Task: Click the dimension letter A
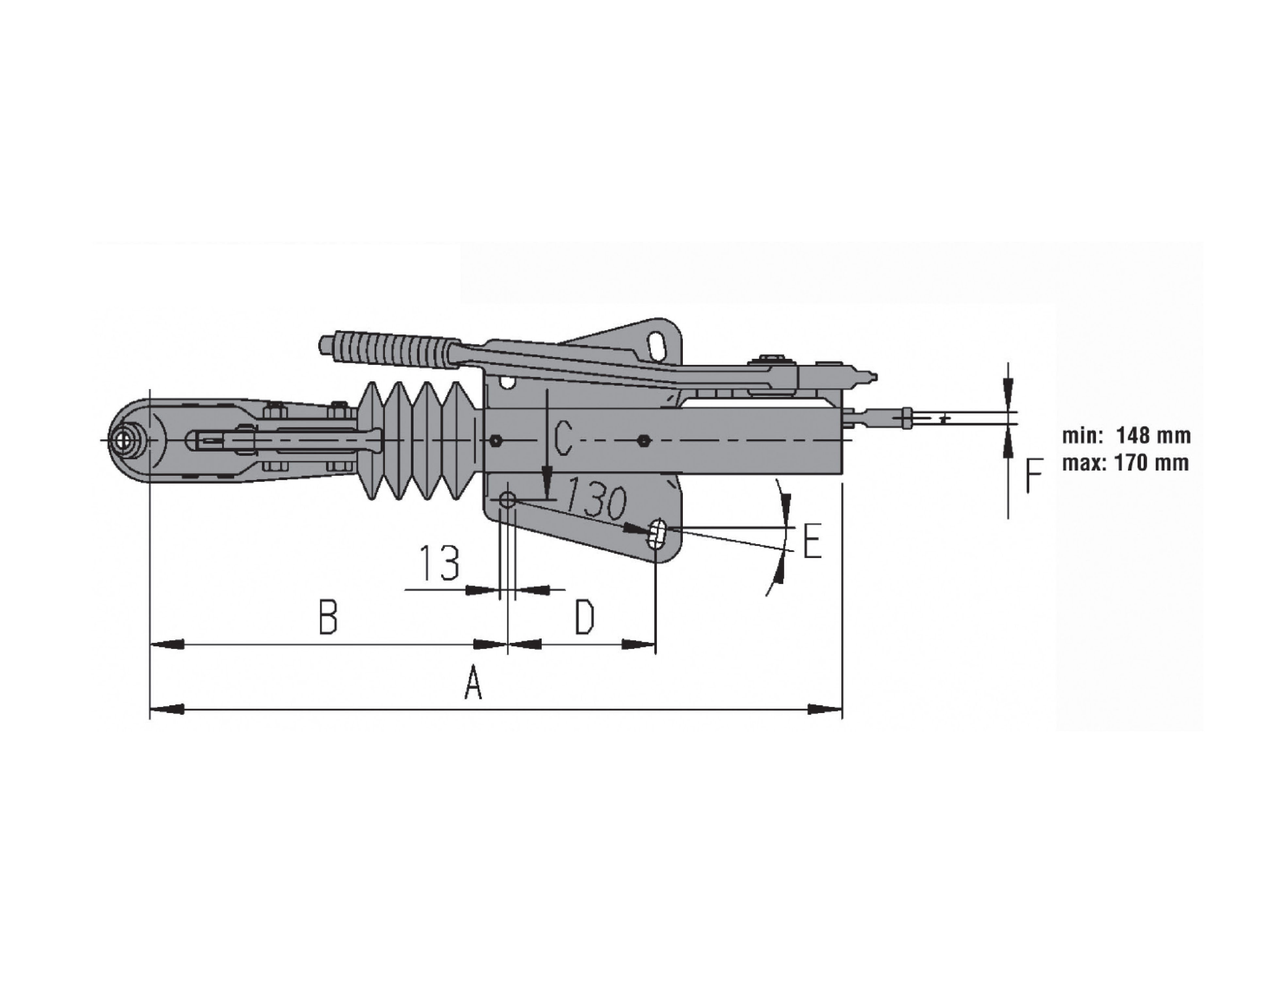click(474, 683)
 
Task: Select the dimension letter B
click(328, 617)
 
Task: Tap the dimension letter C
click(563, 439)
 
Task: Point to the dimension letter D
click(584, 617)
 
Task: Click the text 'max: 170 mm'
click(1125, 463)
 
